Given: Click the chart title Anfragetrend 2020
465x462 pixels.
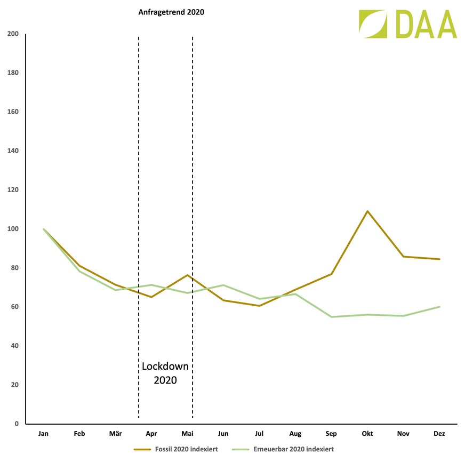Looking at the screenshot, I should [x=171, y=12].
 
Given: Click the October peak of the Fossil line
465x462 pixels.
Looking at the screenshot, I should [x=367, y=211].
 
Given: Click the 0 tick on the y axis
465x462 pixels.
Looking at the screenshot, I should [x=17, y=424].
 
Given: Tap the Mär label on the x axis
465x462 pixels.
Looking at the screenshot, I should [x=115, y=434].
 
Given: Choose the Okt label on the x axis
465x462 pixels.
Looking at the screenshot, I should [x=367, y=434].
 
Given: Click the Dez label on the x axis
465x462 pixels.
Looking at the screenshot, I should [x=439, y=434].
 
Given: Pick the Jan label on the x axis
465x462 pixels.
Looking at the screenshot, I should [x=43, y=434].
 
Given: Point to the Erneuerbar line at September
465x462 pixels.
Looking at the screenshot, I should [x=332, y=317].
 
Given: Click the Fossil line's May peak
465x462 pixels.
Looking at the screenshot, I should [x=187, y=275].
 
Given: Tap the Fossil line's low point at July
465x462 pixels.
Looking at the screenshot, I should [x=259, y=306].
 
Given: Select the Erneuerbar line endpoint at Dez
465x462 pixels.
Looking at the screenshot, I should [x=439, y=307].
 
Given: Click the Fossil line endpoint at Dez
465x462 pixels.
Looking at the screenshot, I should [x=439, y=259].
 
